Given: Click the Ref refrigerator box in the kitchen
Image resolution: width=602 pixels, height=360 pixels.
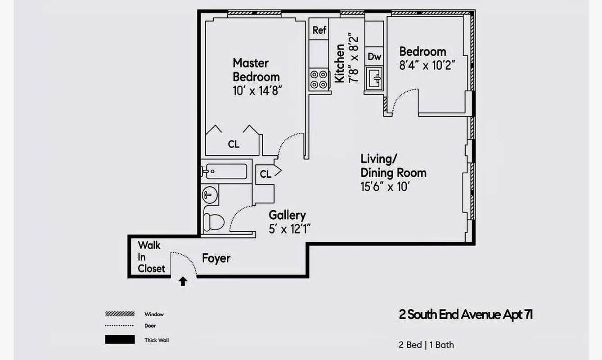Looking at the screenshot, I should tap(319, 31).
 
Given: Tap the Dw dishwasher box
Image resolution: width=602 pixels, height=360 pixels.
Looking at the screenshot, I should tap(374, 57).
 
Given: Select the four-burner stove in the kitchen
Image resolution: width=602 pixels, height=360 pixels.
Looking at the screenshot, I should tap(319, 80).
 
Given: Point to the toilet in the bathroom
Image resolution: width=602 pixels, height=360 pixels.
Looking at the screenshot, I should tap(214, 221).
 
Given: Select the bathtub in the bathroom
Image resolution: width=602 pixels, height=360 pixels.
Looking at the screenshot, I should tap(224, 171).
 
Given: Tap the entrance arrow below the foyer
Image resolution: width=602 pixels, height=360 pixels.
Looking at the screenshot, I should tap(183, 282).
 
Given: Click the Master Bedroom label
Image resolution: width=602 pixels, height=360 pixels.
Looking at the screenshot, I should tap(256, 69).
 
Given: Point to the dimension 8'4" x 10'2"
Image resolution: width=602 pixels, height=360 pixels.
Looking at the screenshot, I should tap(427, 65).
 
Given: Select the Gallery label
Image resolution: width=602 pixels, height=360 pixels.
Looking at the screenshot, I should tap(287, 215).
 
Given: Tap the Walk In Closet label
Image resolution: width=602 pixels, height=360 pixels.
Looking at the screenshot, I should tap(151, 257).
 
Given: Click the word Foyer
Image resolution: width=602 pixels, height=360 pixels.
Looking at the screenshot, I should tap(216, 259).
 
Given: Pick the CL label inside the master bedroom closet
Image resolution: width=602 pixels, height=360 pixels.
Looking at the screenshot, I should tap(234, 144).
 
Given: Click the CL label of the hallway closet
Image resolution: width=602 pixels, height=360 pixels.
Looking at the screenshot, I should tap(265, 174).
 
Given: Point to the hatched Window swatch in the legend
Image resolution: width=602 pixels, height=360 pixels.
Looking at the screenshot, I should tap(120, 314).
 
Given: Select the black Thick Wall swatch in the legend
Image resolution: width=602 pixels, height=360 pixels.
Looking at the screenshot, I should tap(120, 340).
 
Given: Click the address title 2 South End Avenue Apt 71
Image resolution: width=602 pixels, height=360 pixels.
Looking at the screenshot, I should tap(466, 314).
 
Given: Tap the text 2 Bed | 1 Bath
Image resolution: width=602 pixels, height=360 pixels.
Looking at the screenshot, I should tap(426, 345).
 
